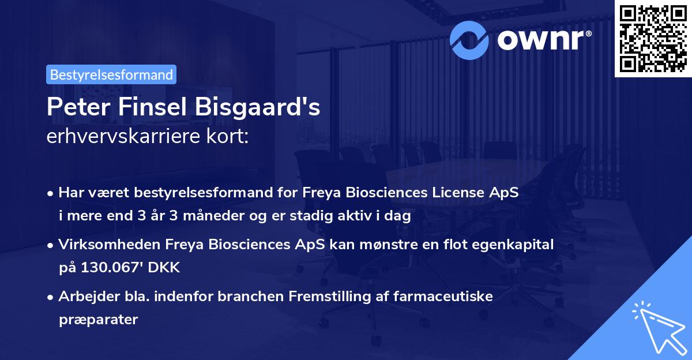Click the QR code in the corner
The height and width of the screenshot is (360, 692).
[653, 38]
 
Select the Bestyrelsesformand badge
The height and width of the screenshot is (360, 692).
[111, 74]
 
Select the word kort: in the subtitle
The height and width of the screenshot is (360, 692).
[228, 136]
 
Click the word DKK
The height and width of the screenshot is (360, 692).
[167, 267]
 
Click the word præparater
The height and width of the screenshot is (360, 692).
[97, 319]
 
